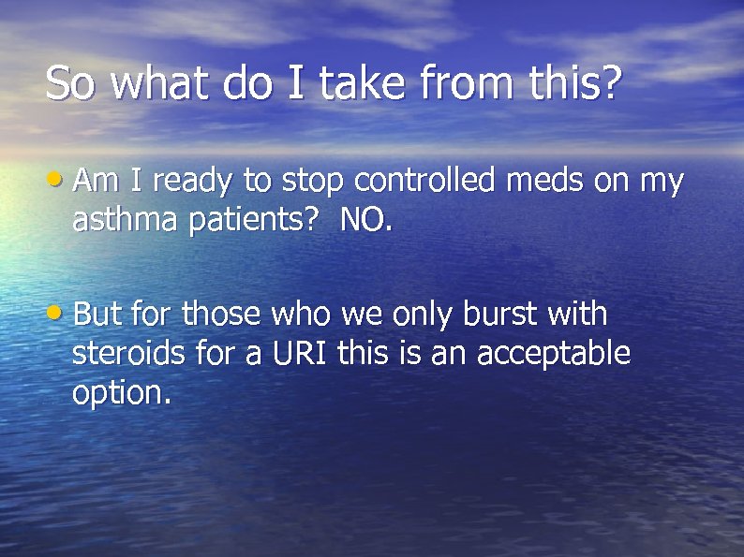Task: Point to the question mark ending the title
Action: (x=611, y=83)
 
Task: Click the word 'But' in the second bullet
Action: (x=97, y=313)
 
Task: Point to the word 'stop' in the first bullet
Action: (x=315, y=182)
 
